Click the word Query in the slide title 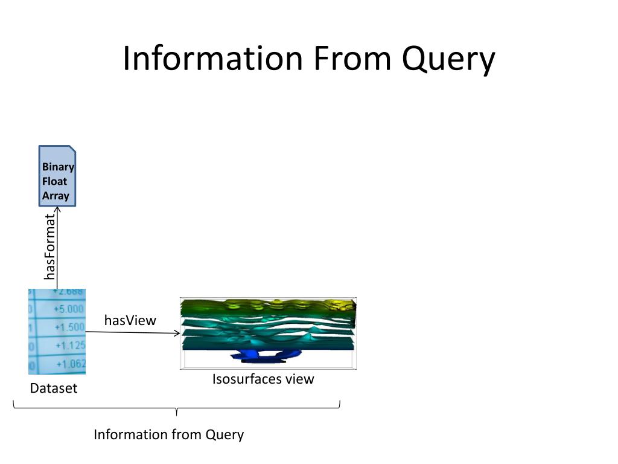click(448, 59)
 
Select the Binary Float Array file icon click(57, 175)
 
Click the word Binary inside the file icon click(58, 167)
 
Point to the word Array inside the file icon click(56, 196)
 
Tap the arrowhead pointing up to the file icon click(57, 210)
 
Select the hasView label click(130, 320)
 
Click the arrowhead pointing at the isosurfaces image click(177, 333)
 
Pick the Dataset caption click(54, 388)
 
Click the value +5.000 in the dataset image click(68, 309)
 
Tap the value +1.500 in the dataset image click(69, 327)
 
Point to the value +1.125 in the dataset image click(71, 346)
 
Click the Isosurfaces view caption click(263, 379)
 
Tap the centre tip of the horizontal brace click(176, 413)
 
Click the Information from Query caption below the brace click(168, 434)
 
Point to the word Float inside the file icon click(54, 181)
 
